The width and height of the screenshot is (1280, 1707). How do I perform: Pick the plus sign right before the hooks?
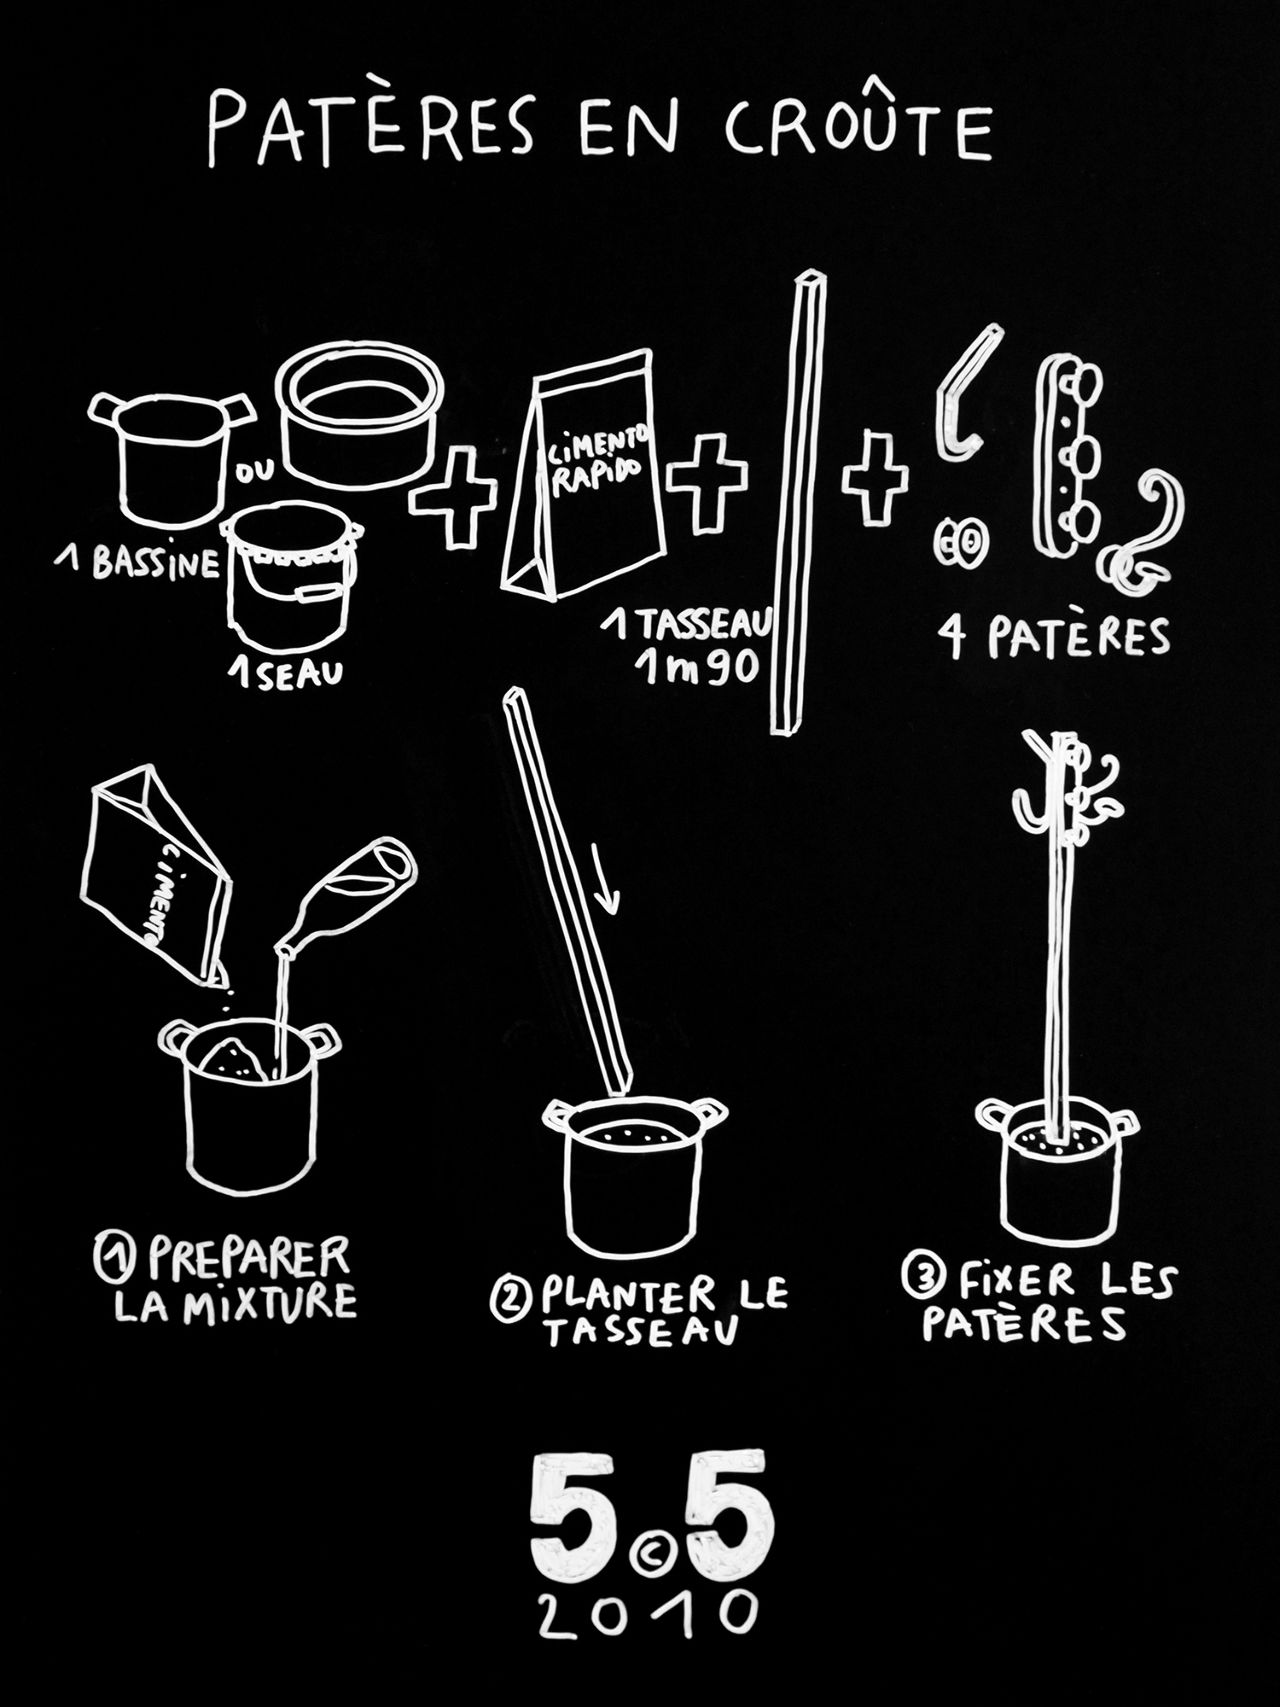point(875,477)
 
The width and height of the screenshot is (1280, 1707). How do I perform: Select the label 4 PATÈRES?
point(1053,638)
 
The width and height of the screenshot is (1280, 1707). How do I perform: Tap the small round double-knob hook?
point(956,542)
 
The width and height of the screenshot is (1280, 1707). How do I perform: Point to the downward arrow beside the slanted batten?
point(606,877)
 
